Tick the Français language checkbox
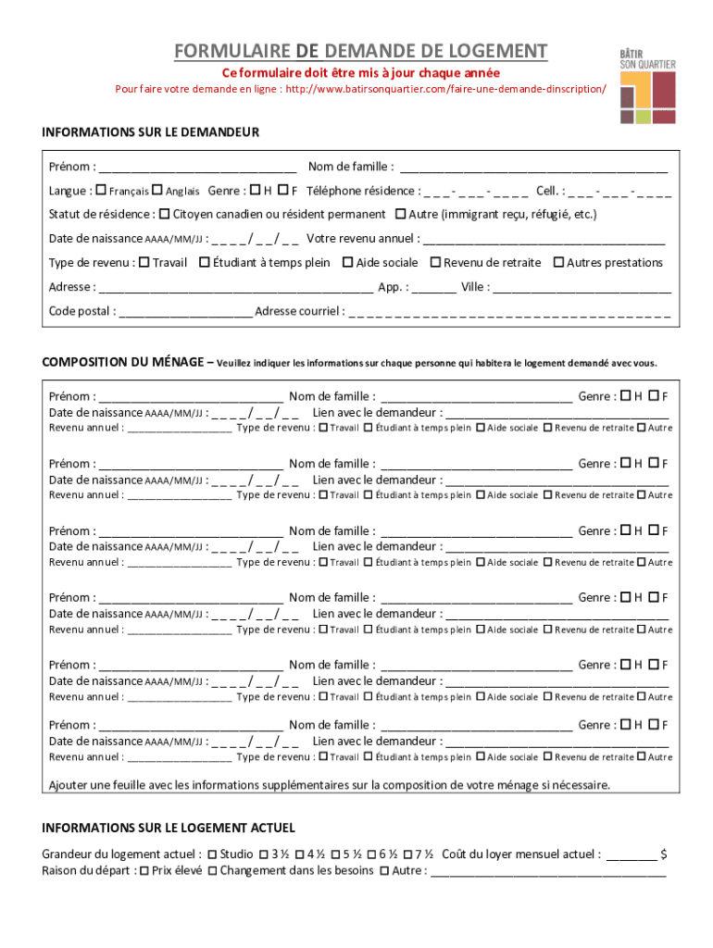(x=101, y=191)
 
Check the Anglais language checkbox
(x=156, y=191)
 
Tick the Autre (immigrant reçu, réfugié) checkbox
(x=400, y=214)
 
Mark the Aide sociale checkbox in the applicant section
(x=348, y=263)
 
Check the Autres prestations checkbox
(x=558, y=263)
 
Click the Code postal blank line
(x=185, y=312)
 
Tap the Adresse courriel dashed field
(x=509, y=312)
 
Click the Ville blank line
(x=582, y=288)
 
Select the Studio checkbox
(x=212, y=854)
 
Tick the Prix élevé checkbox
(x=144, y=871)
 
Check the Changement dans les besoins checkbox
(x=213, y=871)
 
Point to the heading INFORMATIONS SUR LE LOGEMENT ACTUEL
(x=169, y=828)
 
